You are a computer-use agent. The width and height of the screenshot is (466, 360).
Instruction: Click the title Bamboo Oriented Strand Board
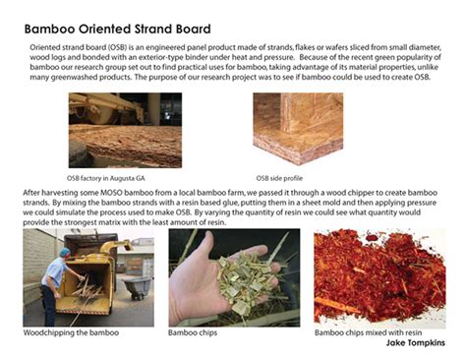click(118, 29)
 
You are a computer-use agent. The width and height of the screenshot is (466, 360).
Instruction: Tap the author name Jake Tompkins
click(416, 343)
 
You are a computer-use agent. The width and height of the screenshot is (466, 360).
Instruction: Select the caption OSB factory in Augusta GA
click(106, 178)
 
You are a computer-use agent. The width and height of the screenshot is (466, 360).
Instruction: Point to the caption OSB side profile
click(279, 178)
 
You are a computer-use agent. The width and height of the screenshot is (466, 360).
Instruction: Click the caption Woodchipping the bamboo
click(71, 332)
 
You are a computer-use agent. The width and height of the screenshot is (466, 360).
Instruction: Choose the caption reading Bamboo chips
click(193, 332)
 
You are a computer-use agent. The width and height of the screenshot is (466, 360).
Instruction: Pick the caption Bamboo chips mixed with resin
click(369, 332)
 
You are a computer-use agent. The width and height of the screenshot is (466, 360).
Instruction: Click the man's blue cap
click(65, 252)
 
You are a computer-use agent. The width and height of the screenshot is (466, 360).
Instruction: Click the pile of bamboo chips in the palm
click(244, 282)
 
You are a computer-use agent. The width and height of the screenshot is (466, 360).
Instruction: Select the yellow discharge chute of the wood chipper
click(115, 246)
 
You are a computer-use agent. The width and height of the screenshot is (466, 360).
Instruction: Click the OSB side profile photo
click(298, 129)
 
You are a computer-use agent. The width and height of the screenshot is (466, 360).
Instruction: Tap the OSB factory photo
click(125, 130)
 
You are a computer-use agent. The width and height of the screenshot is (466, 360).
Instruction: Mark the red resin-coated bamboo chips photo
click(379, 278)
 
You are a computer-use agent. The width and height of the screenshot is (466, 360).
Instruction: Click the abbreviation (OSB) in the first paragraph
click(117, 47)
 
